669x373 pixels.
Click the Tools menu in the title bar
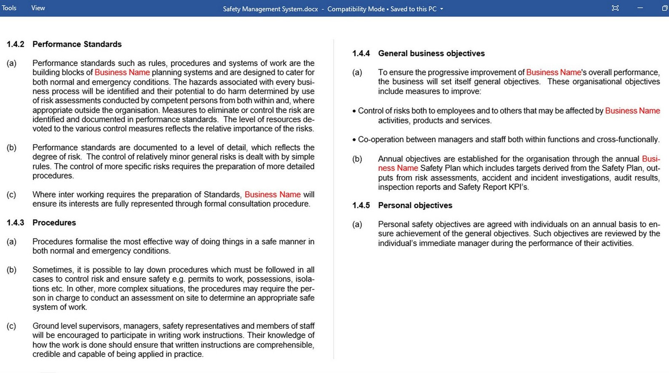(x=9, y=8)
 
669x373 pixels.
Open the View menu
(x=38, y=8)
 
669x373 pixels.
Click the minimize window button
(x=640, y=8)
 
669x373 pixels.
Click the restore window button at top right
(x=664, y=8)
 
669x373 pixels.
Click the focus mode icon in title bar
(x=615, y=8)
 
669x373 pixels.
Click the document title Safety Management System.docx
(x=270, y=9)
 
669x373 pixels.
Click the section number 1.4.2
(x=15, y=44)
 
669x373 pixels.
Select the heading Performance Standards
(x=77, y=44)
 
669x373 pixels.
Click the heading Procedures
(x=54, y=223)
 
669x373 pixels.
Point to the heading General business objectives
(x=431, y=54)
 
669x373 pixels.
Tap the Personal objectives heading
(x=415, y=205)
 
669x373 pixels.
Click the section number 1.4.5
(x=361, y=205)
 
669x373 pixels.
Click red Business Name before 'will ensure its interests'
(x=273, y=194)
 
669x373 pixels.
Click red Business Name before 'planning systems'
(x=122, y=72)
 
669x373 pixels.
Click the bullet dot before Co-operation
(x=354, y=140)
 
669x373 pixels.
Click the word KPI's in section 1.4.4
(x=518, y=187)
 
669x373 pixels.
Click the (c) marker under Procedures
(x=11, y=326)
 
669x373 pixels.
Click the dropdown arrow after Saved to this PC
(x=442, y=9)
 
